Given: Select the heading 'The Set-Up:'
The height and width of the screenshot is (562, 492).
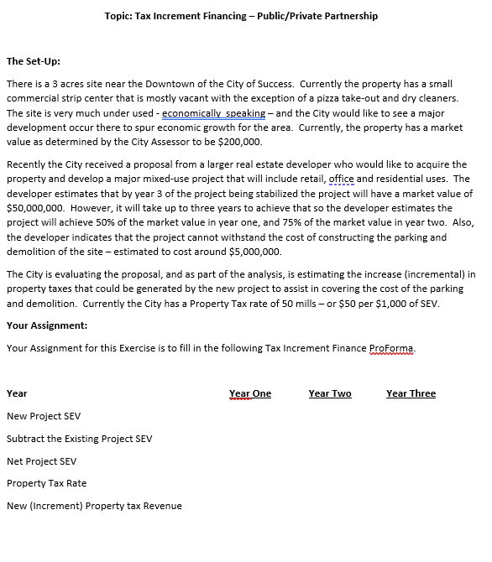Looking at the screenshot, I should [34, 61].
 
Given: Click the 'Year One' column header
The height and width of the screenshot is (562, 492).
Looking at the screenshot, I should [250, 393].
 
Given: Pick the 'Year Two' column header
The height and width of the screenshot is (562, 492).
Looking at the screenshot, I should [330, 393].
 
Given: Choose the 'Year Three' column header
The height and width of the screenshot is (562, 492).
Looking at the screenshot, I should [411, 393].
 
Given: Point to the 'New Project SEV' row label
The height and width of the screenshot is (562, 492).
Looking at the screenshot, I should [44, 416].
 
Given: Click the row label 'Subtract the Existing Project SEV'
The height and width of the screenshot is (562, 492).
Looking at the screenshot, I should [79, 439].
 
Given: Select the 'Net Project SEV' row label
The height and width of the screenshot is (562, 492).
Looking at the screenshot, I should [41, 461].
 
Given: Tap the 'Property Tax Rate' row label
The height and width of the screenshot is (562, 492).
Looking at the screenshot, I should [46, 483].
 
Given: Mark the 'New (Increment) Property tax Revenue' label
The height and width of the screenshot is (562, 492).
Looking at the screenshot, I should [94, 506].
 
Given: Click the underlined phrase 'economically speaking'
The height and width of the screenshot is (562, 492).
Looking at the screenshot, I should [213, 113].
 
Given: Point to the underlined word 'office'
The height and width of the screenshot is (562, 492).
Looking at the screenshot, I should [341, 179].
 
